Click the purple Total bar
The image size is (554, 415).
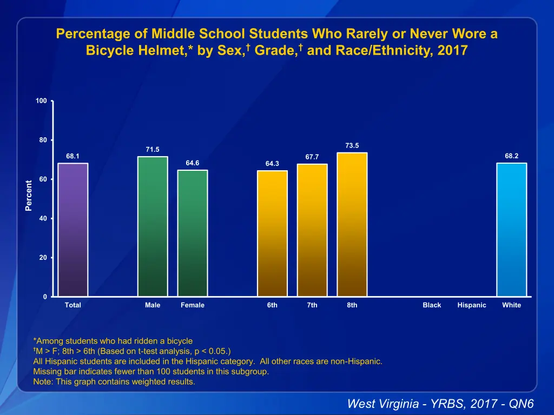pos(72,230)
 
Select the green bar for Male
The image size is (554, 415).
pos(153,226)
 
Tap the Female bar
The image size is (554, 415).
pos(193,233)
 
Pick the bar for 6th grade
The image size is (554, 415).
pos(272,233)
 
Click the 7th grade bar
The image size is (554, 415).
pos(312,230)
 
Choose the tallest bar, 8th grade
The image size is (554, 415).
pos(352,224)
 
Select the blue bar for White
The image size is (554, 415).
pos(511,230)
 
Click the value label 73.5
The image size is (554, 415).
pos(352,145)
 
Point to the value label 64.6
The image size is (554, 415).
pos(193,163)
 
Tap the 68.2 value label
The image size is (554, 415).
pos(511,156)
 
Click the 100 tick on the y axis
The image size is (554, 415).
pos(41,101)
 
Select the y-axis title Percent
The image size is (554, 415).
pos(29,196)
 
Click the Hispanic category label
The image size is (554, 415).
pos(472,305)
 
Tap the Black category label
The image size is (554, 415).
pos(432,305)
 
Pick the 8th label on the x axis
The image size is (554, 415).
pos(352,305)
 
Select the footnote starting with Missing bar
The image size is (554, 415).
pos(151,372)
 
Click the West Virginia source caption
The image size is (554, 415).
pos(440,404)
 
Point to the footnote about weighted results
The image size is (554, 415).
pos(114,382)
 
